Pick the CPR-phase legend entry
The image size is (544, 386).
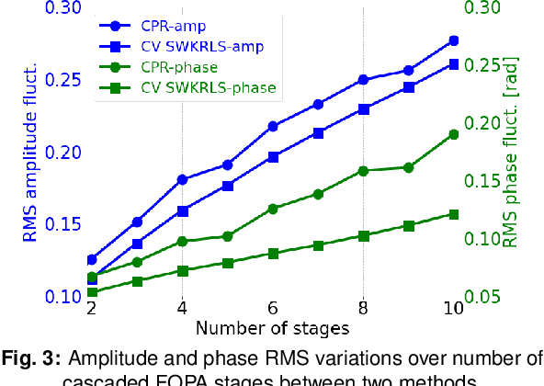(x=180, y=67)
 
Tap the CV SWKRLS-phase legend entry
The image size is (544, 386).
(x=206, y=88)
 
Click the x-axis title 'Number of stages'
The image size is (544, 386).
(x=272, y=326)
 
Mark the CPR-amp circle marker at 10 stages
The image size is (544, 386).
(x=454, y=41)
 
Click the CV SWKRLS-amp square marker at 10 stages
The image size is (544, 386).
(x=454, y=64)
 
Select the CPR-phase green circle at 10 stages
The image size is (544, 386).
(x=454, y=134)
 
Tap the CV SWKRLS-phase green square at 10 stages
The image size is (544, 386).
(x=454, y=214)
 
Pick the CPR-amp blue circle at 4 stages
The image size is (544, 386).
(x=182, y=179)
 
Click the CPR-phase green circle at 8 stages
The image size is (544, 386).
(x=363, y=171)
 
